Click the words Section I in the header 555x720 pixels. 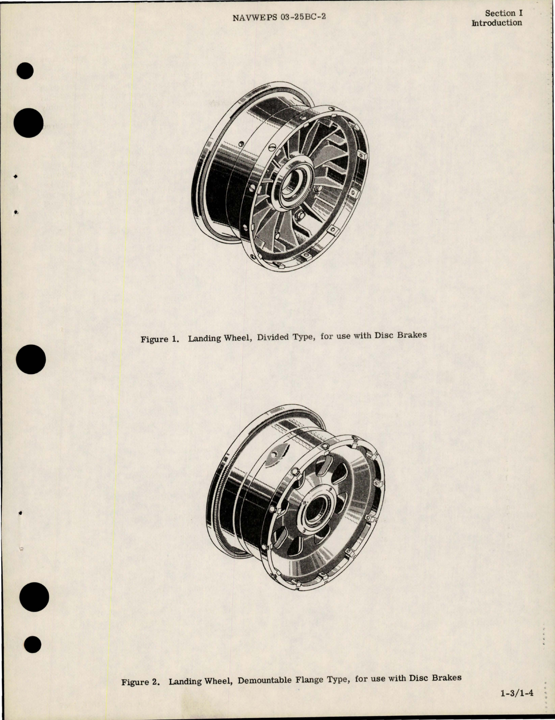click(503, 13)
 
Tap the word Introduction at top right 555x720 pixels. click(497, 23)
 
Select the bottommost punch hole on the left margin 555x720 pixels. click(33, 645)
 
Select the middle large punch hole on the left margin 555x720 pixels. click(31, 362)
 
